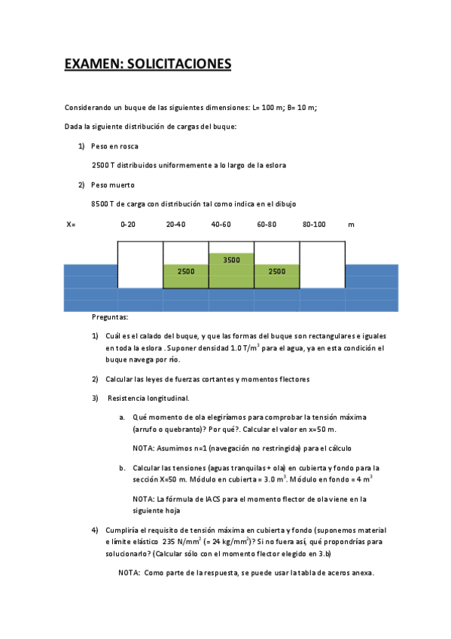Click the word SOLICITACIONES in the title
(x=178, y=64)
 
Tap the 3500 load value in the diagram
(x=231, y=260)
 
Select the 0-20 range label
(x=128, y=225)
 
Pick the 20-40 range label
(x=175, y=225)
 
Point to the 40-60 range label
(x=221, y=225)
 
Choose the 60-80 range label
(x=267, y=225)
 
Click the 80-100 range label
(x=314, y=225)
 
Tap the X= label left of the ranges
(x=71, y=225)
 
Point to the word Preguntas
(x=110, y=317)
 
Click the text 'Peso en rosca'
(x=114, y=145)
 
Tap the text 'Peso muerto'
(x=113, y=185)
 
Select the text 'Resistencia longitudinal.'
(x=148, y=398)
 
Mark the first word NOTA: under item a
(x=144, y=448)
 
